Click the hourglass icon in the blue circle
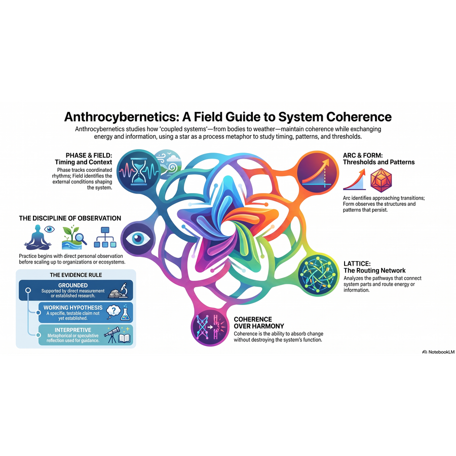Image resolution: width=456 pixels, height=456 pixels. (139, 171)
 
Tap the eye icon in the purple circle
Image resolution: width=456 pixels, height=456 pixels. (137, 239)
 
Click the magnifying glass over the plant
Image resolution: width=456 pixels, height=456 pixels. (81, 239)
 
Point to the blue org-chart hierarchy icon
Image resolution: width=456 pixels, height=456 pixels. (105, 237)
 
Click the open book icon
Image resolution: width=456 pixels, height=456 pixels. (124, 338)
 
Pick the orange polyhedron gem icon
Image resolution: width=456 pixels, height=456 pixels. (381, 180)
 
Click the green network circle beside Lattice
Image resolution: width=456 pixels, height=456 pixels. (319, 275)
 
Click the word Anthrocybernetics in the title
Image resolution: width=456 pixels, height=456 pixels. (121, 117)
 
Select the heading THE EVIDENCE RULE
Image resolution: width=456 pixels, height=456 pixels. (76, 275)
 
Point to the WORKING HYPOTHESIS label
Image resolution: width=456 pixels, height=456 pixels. (73, 308)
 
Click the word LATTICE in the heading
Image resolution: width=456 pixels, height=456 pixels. (357, 264)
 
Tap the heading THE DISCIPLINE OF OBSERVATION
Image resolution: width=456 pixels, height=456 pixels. (70, 218)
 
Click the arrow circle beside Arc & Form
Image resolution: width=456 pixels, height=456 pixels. (318, 172)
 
